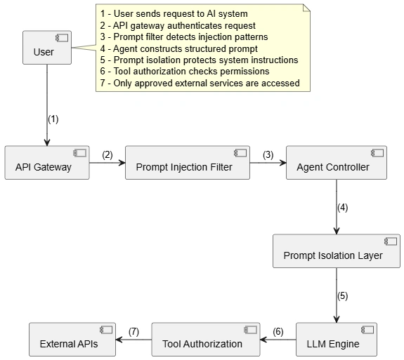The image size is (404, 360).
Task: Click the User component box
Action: [47, 48]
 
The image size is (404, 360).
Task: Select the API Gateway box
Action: [47, 163]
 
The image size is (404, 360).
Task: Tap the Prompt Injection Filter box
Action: [188, 163]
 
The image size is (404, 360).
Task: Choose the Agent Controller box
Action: [337, 163]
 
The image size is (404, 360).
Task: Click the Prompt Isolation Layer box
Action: [337, 251]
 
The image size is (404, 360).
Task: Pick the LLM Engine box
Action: [337, 340]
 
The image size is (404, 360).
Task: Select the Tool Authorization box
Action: [206, 340]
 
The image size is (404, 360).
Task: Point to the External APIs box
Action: [72, 340]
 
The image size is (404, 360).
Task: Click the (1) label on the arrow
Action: [53, 119]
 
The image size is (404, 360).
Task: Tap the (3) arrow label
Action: [268, 155]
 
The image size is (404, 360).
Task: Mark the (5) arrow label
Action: [342, 296]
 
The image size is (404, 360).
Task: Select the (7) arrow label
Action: [133, 332]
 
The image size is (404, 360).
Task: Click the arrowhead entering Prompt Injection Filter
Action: [122, 163]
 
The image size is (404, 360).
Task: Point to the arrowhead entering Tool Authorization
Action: [263, 340]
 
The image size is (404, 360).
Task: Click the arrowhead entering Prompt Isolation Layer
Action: [337, 231]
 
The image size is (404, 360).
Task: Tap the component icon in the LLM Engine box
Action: [367, 330]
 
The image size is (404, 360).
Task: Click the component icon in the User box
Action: [62, 38]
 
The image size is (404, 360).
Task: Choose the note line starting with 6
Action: [185, 72]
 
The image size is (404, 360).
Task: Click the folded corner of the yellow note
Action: [307, 8]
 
